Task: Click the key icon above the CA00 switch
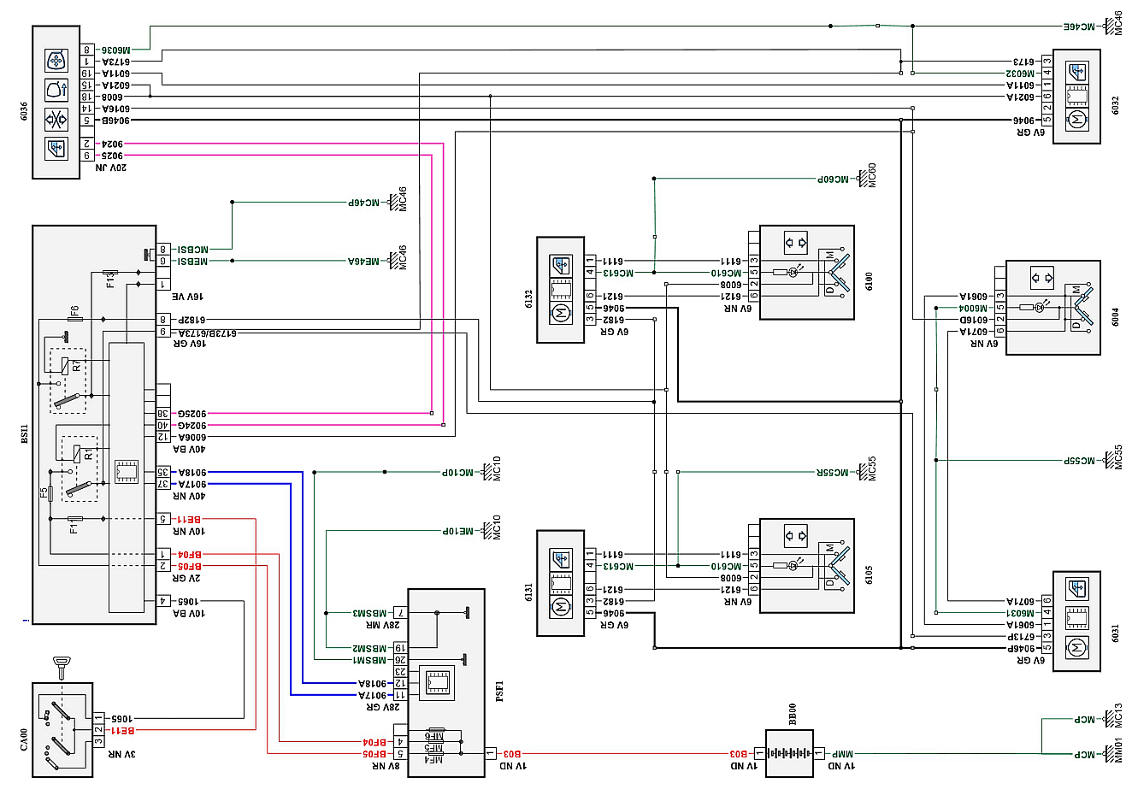(x=62, y=666)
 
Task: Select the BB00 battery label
(x=792, y=715)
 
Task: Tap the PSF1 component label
(x=500, y=691)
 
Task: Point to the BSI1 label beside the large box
(x=24, y=434)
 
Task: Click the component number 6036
(x=24, y=111)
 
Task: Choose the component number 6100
(x=869, y=281)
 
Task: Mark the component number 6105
(x=869, y=574)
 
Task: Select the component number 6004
(x=1115, y=317)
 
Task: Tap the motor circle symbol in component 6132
(x=561, y=314)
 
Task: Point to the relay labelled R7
(x=75, y=366)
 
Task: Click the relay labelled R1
(x=87, y=454)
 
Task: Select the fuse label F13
(x=109, y=279)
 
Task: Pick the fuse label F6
(x=75, y=312)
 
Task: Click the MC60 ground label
(x=872, y=175)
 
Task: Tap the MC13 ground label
(x=1118, y=716)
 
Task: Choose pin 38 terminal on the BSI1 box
(x=162, y=414)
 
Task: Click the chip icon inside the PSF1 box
(x=438, y=681)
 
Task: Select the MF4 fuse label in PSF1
(x=434, y=759)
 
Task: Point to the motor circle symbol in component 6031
(x=1076, y=647)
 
